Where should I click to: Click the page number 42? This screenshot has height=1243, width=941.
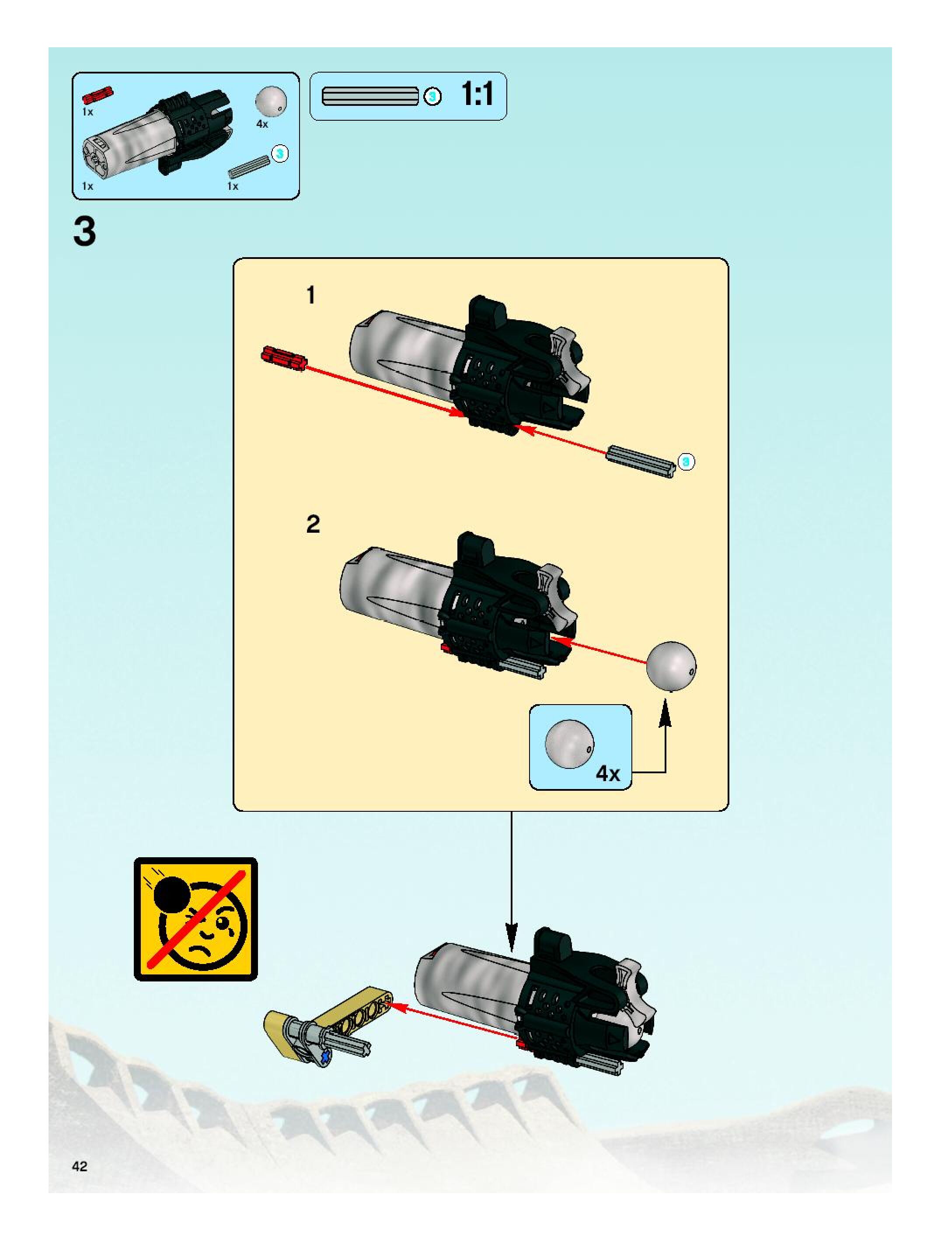tap(79, 1166)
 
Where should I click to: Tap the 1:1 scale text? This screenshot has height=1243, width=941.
tap(477, 94)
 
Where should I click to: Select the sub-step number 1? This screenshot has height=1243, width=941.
tap(310, 295)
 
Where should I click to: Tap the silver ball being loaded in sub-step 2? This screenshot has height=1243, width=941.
tap(671, 665)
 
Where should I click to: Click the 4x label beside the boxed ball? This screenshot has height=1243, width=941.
tap(607, 774)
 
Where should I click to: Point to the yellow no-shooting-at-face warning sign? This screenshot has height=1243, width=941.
tap(195, 919)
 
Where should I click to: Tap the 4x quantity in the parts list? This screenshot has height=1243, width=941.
tap(262, 124)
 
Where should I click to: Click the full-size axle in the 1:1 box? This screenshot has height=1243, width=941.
tap(370, 96)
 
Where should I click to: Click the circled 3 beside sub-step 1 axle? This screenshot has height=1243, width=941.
tap(686, 461)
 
